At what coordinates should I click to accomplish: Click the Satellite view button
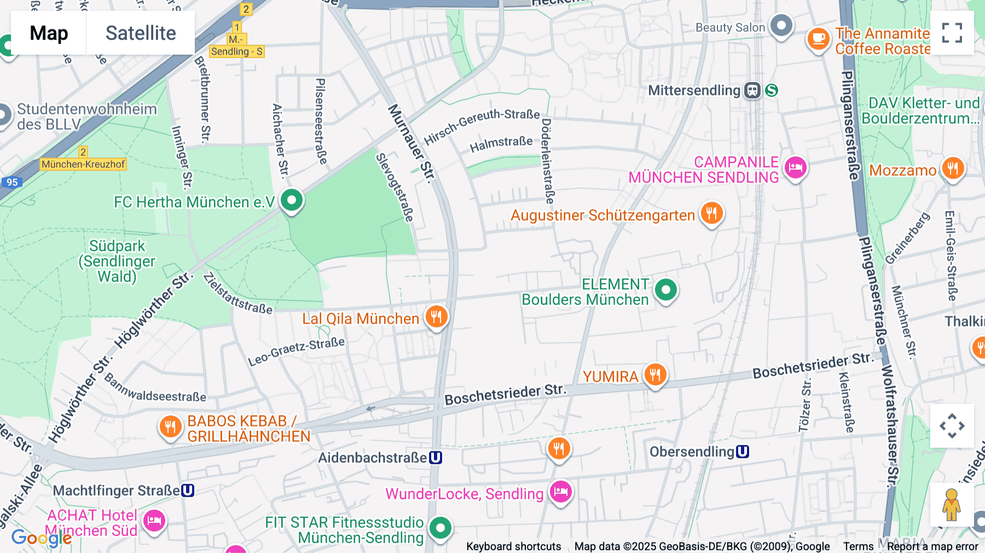pos(141,33)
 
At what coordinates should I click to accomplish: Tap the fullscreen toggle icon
pos(952,33)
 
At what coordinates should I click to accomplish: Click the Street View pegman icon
pos(952,505)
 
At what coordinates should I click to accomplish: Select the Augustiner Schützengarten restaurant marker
pos(711,213)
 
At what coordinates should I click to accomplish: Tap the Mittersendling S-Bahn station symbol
pos(772,90)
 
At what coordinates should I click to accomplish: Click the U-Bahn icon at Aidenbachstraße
pos(436,458)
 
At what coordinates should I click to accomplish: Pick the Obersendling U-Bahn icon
pos(743,452)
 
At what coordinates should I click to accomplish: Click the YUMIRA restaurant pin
pos(655,375)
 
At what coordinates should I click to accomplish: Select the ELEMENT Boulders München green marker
pos(666,290)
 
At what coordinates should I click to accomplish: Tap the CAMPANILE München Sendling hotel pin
pos(796,167)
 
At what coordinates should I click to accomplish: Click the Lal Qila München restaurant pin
pos(436,316)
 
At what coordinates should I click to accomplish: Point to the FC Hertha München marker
pos(292,200)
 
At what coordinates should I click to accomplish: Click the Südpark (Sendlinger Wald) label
pos(117,261)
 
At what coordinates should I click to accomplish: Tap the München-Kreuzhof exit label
pos(83,164)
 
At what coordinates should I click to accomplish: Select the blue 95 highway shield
pos(12,182)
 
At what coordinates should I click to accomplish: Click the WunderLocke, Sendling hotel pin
pos(560,492)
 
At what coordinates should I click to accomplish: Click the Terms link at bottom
pos(858,546)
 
